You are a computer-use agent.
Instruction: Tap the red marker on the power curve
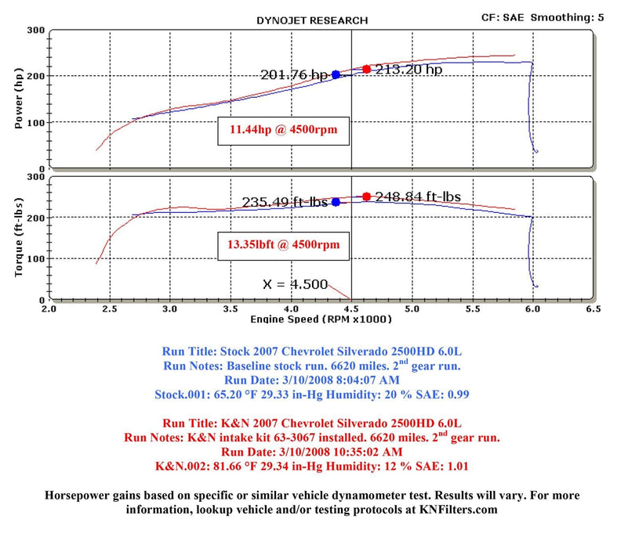click(366, 69)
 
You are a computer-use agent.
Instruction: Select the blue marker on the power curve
click(336, 74)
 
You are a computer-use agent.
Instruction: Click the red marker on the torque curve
click(366, 196)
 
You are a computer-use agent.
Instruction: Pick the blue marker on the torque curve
click(336, 201)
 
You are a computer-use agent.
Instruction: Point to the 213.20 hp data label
click(408, 69)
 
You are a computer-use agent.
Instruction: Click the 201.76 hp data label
click(294, 75)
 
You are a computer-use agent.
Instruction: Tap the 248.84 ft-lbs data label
click(417, 196)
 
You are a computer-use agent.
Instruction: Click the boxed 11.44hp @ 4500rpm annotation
click(284, 131)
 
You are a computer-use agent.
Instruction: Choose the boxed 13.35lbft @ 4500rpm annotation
click(284, 244)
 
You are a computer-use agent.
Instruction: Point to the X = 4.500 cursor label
click(294, 284)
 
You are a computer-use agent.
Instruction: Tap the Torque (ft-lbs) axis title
click(20, 238)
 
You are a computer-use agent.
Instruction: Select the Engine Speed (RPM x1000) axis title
click(321, 319)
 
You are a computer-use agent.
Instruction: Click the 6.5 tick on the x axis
click(594, 310)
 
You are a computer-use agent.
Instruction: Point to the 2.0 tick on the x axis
click(49, 310)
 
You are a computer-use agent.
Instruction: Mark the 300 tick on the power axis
click(34, 31)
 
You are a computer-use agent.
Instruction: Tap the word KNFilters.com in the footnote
click(459, 510)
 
